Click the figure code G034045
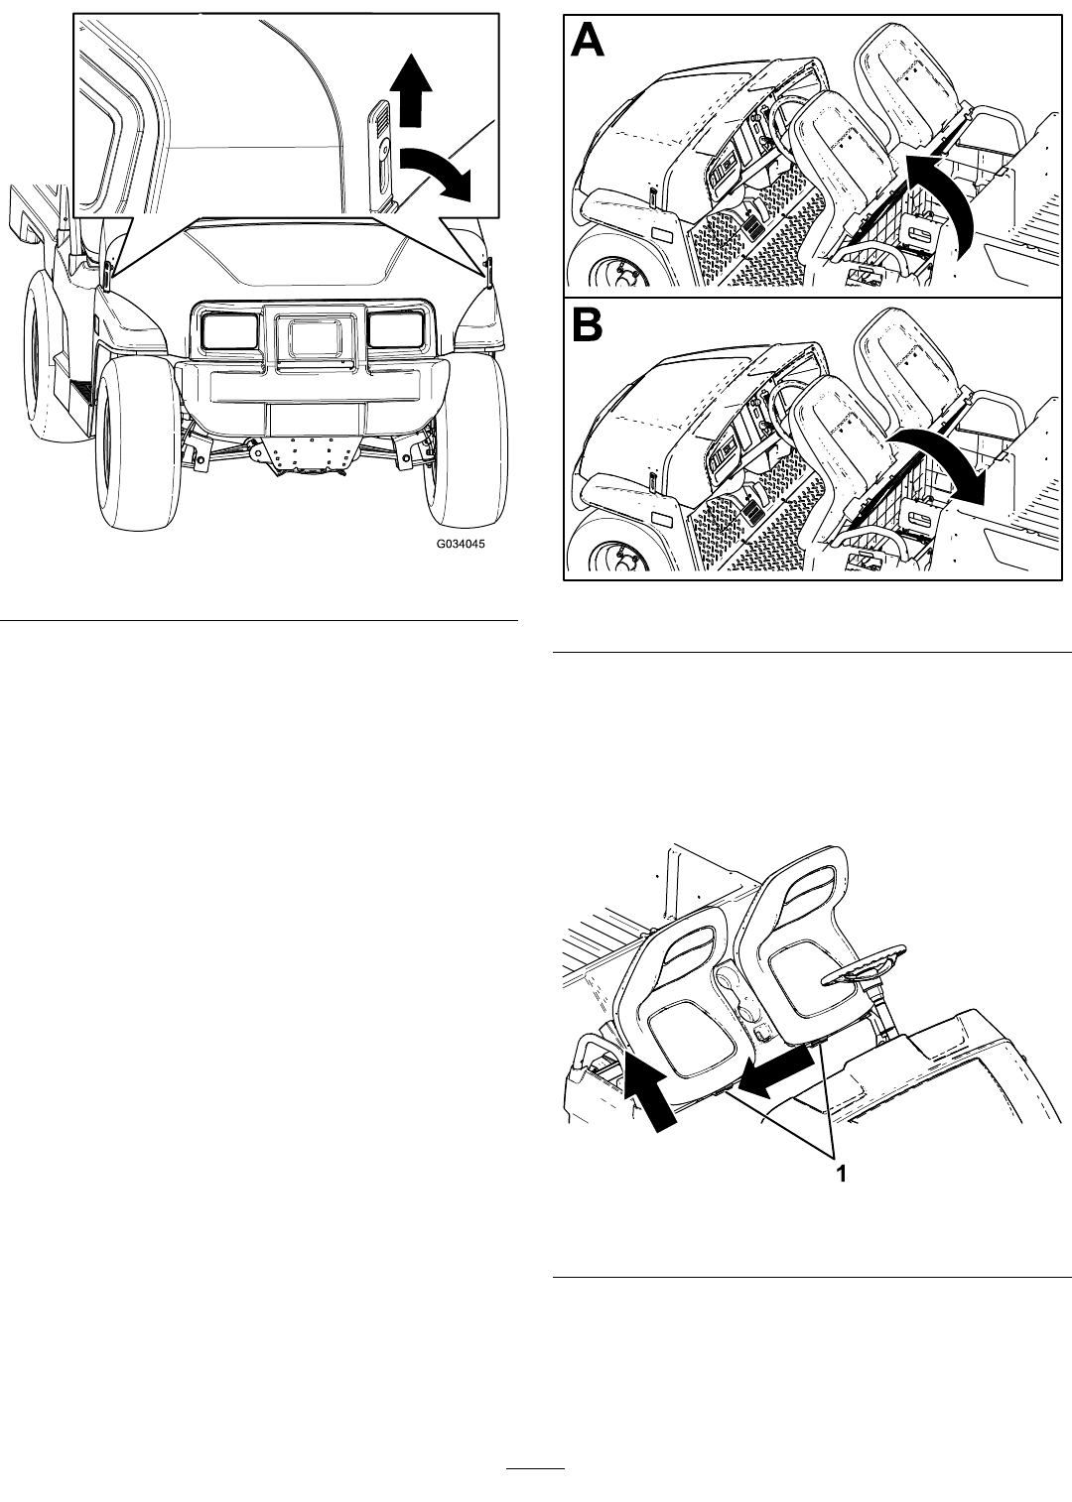pos(461,544)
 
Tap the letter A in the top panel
pos(587,41)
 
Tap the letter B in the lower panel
pos(587,324)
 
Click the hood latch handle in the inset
pos(381,154)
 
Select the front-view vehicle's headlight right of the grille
pos(396,329)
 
